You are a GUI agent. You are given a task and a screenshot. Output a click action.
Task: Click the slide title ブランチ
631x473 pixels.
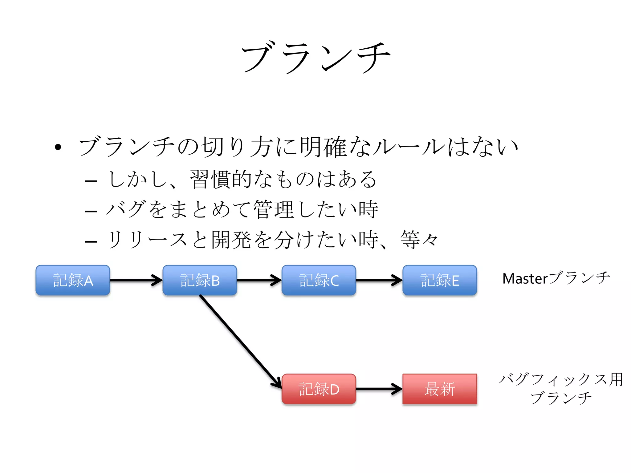(x=315, y=58)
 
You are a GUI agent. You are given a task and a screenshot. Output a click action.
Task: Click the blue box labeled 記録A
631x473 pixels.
(x=73, y=280)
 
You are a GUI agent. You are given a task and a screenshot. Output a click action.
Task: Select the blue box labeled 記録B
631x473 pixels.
(x=200, y=280)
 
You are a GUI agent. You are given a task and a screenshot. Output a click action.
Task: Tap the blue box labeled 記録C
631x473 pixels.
(x=319, y=280)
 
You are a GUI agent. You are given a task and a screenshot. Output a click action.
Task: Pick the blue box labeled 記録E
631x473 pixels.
(x=440, y=280)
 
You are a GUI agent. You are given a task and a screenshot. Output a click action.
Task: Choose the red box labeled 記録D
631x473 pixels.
(x=319, y=389)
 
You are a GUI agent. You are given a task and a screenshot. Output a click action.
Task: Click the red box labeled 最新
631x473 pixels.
(x=440, y=389)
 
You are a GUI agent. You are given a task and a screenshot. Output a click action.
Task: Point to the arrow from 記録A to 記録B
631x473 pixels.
(x=136, y=280)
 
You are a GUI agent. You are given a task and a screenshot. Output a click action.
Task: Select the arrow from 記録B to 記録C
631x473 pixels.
(x=259, y=280)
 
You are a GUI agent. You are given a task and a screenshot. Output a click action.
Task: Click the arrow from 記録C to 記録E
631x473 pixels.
(x=379, y=280)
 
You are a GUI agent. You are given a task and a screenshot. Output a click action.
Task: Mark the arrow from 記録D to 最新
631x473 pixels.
(x=379, y=389)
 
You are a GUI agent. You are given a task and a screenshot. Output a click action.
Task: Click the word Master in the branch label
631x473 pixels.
(x=525, y=279)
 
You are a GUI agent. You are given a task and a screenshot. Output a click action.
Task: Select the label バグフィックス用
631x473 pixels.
(x=561, y=379)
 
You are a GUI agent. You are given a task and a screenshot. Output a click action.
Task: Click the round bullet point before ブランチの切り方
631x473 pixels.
(x=58, y=147)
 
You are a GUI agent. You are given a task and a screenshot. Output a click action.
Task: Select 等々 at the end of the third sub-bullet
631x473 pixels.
(x=419, y=240)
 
